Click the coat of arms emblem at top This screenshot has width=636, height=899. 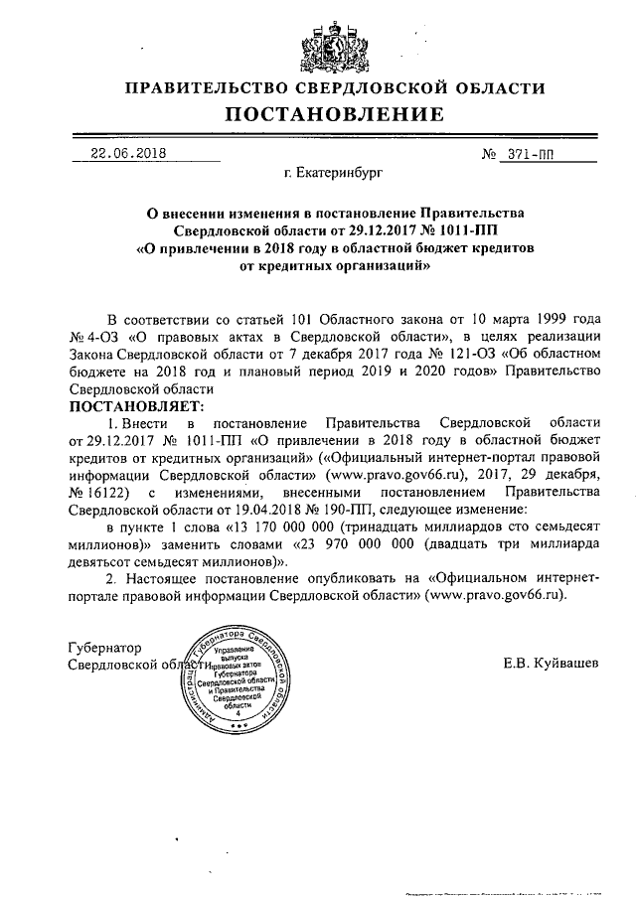[317, 43]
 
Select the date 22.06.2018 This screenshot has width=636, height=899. [128, 154]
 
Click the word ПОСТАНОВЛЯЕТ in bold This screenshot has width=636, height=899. [135, 406]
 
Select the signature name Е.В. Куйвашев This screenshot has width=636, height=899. [551, 662]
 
